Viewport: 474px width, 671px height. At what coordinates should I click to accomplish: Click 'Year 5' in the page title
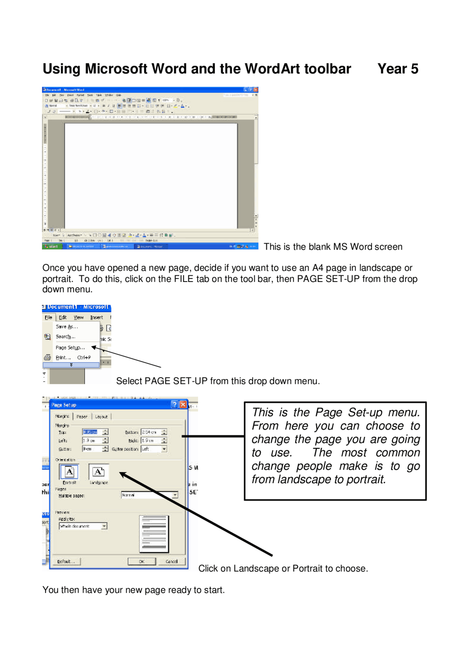click(398, 69)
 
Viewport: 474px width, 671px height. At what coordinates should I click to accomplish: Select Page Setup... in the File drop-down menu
click(70, 348)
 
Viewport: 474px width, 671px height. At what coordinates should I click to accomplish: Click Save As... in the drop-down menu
click(67, 326)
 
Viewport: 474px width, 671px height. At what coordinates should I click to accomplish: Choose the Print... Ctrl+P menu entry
click(73, 358)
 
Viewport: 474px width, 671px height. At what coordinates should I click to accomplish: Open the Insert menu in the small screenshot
click(96, 318)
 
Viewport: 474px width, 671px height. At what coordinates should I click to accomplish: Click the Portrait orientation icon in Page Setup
click(69, 472)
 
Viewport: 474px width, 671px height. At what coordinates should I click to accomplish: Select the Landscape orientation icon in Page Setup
click(98, 472)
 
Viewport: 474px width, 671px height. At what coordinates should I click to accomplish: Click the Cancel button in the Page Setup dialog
click(171, 561)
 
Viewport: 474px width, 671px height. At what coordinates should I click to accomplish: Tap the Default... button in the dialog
click(66, 561)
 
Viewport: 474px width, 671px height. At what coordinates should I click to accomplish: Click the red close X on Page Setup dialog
click(183, 405)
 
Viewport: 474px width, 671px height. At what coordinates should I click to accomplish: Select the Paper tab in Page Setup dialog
click(82, 416)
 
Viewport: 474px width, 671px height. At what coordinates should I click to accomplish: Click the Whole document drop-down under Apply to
click(83, 526)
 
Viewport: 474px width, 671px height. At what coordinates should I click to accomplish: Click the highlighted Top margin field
click(90, 432)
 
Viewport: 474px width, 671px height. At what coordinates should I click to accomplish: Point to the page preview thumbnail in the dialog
click(154, 534)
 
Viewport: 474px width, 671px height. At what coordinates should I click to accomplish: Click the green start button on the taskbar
click(51, 246)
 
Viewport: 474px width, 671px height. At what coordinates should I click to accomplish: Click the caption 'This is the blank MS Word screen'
click(333, 247)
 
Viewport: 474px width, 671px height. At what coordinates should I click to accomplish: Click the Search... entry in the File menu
click(65, 336)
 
